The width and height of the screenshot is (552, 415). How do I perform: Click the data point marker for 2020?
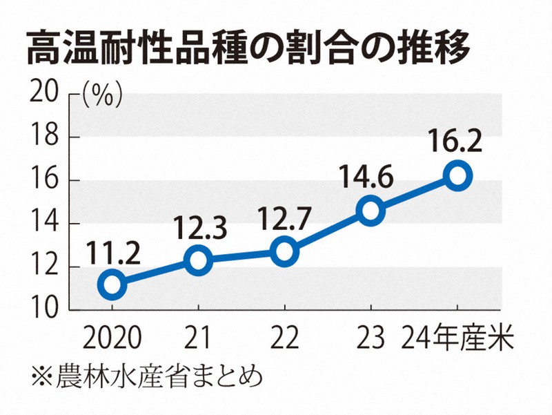(112, 284)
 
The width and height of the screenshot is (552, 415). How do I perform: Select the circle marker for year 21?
(198, 260)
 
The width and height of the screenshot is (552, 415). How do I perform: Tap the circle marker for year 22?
(284, 251)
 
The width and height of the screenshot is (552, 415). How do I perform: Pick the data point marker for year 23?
(371, 210)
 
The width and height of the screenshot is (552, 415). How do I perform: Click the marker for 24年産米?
(457, 175)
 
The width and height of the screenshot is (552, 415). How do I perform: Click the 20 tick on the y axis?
(43, 93)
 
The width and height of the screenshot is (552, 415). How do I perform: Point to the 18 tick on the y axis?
(43, 137)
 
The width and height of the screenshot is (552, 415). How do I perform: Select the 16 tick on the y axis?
(43, 180)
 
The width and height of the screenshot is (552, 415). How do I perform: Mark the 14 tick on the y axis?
(43, 224)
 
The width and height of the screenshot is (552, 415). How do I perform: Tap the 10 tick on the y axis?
(43, 309)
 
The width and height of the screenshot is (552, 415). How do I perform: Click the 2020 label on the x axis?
(112, 338)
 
